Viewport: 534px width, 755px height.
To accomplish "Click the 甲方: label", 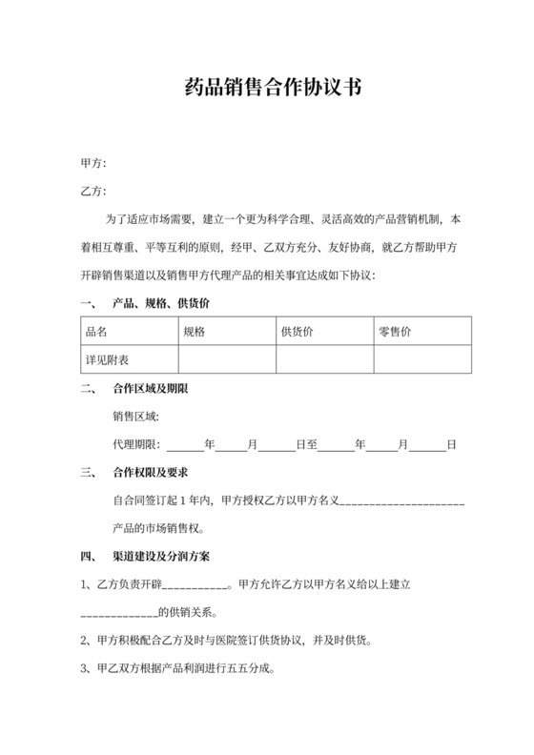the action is pos(93,164).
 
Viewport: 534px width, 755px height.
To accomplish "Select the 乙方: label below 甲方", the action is pos(93,192).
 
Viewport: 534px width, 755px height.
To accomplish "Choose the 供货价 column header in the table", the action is pos(298,332).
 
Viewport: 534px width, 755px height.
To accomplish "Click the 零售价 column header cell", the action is pos(395,332).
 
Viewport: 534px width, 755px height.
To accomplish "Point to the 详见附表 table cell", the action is pos(107,359).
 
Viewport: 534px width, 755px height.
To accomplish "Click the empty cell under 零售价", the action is pos(421,359).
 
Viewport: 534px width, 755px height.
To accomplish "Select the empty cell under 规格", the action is pos(227,359).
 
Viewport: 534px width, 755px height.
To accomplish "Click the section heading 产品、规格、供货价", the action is pos(160,304).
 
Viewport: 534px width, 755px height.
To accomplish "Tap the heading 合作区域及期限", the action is pos(150,389).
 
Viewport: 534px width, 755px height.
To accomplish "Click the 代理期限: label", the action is pos(138,444).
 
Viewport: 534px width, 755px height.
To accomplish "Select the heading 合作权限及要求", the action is pos(150,472).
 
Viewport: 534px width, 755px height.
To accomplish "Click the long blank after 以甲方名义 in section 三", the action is pos(401,500).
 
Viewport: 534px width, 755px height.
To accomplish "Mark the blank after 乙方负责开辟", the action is pos(197,583).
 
